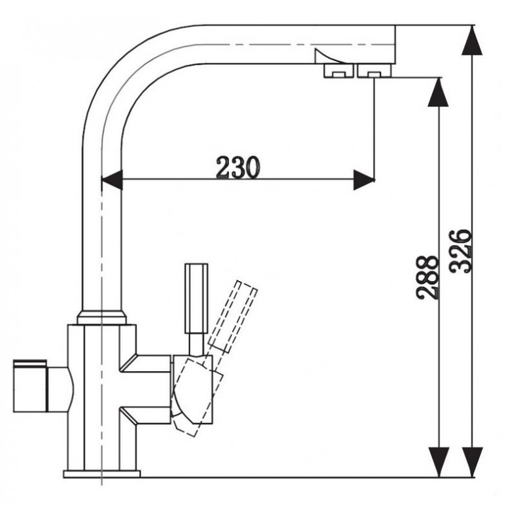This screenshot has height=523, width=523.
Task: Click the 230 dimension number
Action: point(239,168)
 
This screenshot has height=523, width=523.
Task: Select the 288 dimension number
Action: point(428,277)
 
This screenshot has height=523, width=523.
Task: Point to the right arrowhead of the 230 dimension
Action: point(363,180)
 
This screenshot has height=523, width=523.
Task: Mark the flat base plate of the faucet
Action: point(102,473)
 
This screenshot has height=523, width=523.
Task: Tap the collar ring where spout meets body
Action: point(101,318)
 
